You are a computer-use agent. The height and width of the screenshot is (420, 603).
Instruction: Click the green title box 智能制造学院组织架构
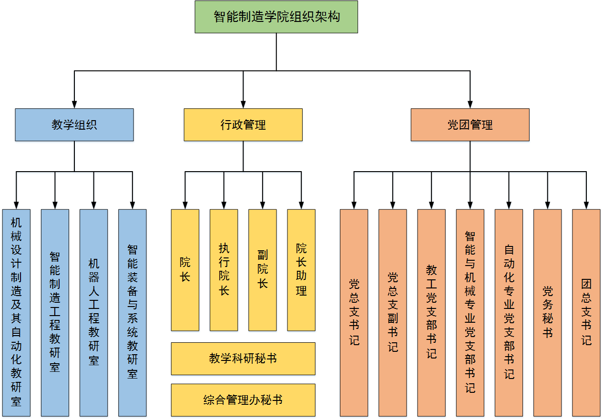pos(276,17)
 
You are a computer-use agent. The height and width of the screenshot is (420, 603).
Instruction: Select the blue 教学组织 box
pos(74,125)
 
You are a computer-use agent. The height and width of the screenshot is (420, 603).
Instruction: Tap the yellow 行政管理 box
pos(243,125)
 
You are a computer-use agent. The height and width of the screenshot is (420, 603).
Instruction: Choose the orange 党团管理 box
pos(470,125)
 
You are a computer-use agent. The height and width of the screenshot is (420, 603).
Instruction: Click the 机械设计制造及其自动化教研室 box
pos(16,312)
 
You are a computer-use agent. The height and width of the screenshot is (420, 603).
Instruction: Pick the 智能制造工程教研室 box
pos(55,312)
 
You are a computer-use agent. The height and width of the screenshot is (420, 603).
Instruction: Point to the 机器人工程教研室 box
pos(94,312)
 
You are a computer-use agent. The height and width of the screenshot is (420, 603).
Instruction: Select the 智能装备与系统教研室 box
pos(133,312)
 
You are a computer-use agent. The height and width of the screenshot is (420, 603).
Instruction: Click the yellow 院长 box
pos(185,270)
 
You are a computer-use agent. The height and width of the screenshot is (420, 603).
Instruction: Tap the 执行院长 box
pos(224,270)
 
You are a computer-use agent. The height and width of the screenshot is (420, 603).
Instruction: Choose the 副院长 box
pos(263,270)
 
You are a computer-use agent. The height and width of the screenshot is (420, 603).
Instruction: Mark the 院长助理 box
pos(301,270)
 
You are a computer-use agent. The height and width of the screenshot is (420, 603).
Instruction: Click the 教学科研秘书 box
pos(243,359)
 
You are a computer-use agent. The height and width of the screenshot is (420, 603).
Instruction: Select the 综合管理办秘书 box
pos(243,400)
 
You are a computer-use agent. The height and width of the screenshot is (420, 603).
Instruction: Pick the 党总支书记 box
pos(354,312)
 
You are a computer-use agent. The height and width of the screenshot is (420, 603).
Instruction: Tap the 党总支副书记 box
pos(393,312)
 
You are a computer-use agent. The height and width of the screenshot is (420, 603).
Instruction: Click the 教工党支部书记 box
pos(431,312)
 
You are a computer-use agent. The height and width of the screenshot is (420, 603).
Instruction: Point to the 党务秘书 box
pos(548,312)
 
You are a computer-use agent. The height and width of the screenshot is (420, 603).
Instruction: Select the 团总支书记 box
pos(586,312)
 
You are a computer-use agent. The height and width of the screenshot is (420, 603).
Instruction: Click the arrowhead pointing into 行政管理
pos(243,104)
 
